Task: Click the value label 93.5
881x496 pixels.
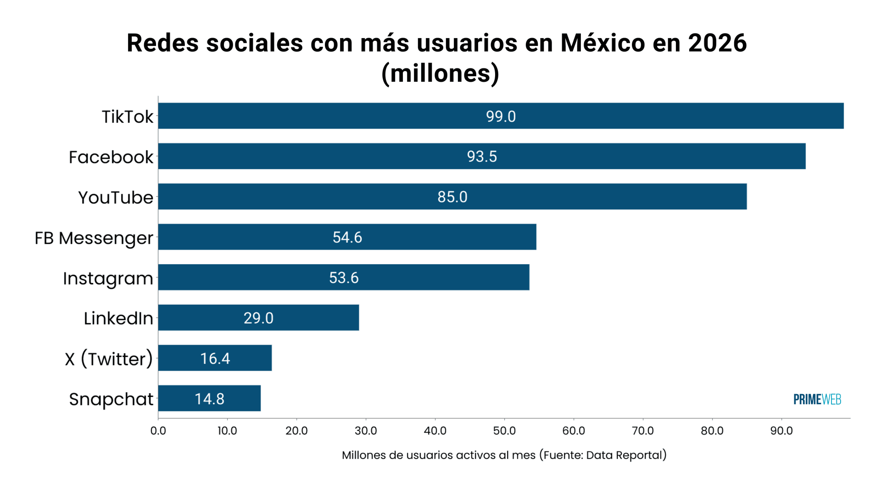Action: [482, 157]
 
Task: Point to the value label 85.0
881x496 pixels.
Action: [452, 197]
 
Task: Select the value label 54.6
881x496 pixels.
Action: [347, 237]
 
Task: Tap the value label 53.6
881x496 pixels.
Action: [344, 278]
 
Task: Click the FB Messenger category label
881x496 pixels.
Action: [94, 238]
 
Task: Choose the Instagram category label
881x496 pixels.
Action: [108, 278]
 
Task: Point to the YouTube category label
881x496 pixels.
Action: [116, 197]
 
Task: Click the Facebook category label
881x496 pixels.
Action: [111, 157]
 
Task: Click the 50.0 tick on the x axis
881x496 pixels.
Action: [504, 431]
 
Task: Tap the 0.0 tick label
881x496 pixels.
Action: [158, 431]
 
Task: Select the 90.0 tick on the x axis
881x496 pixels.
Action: [781, 431]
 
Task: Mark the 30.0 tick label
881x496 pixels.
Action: [366, 431]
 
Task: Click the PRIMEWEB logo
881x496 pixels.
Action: [817, 400]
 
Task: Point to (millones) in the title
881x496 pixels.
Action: [440, 73]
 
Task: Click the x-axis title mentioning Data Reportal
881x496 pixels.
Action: [504, 455]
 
